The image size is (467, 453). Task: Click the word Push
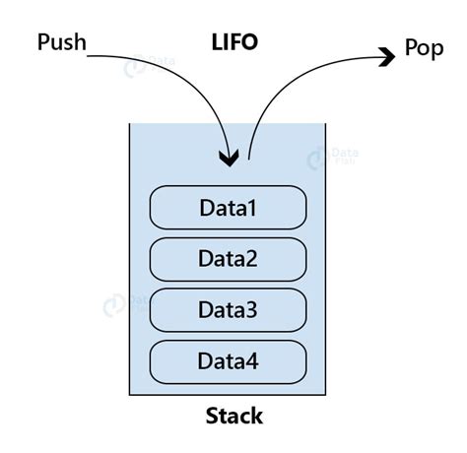[61, 42]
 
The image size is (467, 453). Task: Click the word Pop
[424, 48]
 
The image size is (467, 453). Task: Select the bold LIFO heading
[235, 42]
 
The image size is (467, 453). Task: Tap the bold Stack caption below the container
[233, 416]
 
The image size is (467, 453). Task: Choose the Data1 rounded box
[228, 208]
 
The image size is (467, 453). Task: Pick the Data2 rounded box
[228, 259]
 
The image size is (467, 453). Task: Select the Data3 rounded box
[228, 310]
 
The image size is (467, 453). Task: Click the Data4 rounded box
[228, 361]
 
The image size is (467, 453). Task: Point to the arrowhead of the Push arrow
[230, 158]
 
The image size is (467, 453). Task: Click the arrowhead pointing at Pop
[386, 58]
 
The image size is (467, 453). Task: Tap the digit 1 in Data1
[251, 208]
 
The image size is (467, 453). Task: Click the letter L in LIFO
[218, 42]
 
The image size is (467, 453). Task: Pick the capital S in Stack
[211, 416]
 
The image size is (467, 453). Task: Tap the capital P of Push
[43, 42]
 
